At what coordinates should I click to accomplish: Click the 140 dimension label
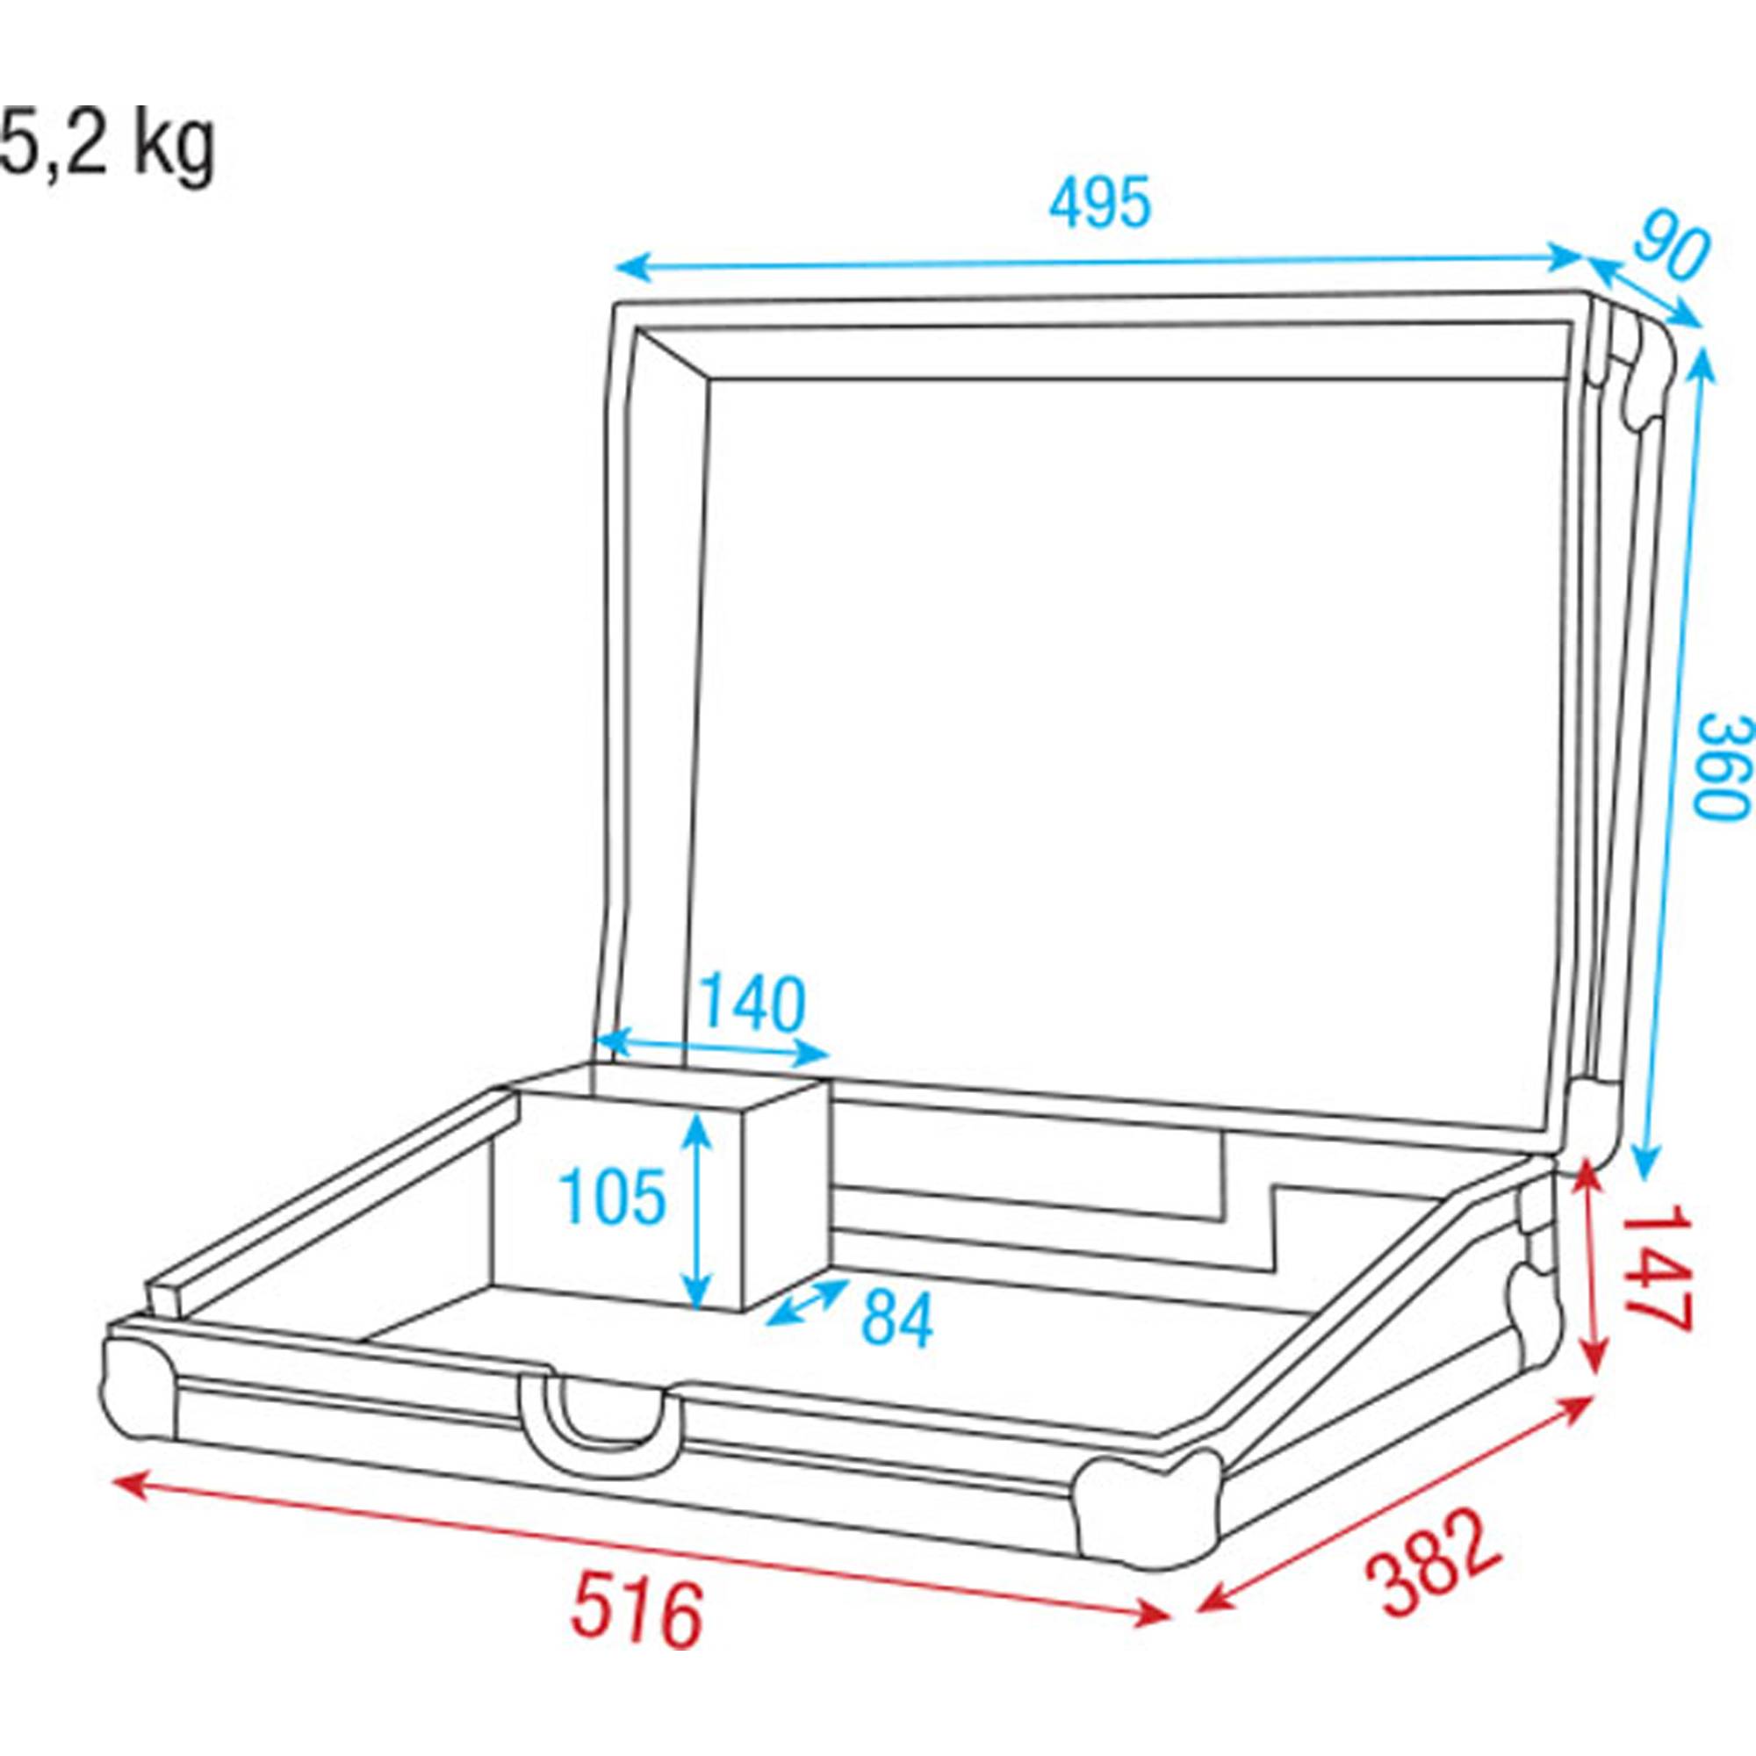tap(753, 1004)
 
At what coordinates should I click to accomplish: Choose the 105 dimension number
tap(612, 1197)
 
